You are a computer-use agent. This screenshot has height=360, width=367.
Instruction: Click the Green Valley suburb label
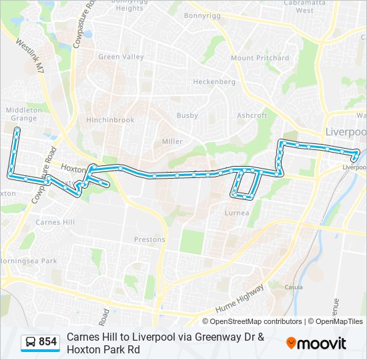[x=121, y=57]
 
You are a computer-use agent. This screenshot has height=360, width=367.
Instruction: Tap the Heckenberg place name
[x=214, y=82]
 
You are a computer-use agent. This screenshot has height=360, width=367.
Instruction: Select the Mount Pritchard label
[x=260, y=59]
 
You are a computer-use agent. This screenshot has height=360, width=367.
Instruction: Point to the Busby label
[x=187, y=116]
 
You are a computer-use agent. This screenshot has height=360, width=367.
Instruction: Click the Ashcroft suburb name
[x=252, y=116]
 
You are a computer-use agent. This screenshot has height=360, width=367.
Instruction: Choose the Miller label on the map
[x=172, y=142]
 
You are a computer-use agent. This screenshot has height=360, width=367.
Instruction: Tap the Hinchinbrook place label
[x=110, y=121]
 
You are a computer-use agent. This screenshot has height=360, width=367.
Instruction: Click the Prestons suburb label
[x=149, y=240]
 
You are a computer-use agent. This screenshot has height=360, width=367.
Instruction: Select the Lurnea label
[x=237, y=213]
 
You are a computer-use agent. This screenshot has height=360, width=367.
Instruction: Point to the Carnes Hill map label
[x=56, y=222]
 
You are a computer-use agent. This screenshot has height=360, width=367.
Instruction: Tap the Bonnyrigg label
[x=202, y=15]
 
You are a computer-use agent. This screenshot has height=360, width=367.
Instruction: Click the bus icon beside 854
[x=30, y=343]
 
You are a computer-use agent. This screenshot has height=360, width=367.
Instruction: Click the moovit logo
[x=316, y=343]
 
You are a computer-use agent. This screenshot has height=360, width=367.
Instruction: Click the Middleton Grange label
[x=24, y=114]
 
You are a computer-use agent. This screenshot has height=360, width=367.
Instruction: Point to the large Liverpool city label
[x=346, y=132]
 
